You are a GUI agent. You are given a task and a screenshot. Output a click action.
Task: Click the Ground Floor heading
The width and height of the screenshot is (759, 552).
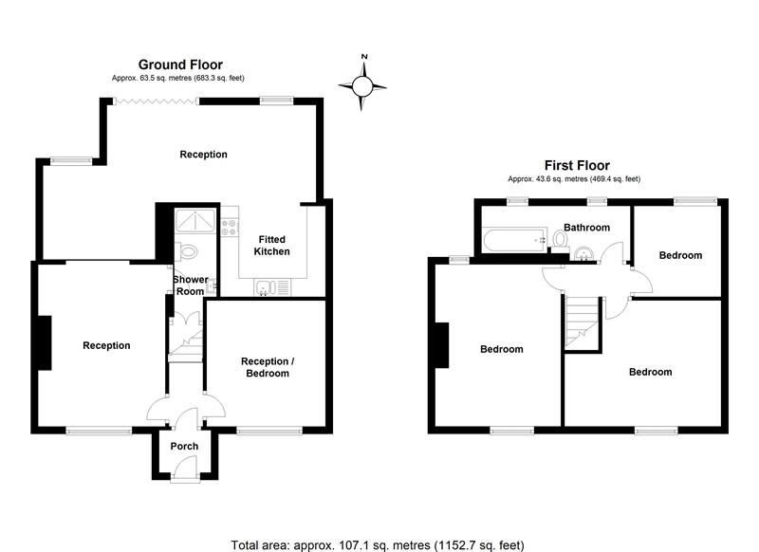pyautogui.click(x=180, y=64)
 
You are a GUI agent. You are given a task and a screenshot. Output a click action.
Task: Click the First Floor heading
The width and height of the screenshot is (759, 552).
pyautogui.click(x=576, y=165)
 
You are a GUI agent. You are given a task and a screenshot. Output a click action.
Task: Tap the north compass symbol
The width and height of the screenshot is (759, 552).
pyautogui.click(x=364, y=86)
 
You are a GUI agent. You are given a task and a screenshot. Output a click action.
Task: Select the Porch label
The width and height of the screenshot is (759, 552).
pyautogui.click(x=184, y=447)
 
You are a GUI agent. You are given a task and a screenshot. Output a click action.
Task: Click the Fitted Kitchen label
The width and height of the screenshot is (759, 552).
pyautogui.click(x=272, y=245)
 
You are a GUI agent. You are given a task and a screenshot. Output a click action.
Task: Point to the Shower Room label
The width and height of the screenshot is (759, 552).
pyautogui.click(x=190, y=285)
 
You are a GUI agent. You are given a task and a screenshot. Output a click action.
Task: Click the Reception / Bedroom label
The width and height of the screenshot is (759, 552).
pyautogui.click(x=265, y=367)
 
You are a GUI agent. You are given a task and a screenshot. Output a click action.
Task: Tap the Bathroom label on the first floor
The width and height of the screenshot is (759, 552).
pyautogui.click(x=587, y=228)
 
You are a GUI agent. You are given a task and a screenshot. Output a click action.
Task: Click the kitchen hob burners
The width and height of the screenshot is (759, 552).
pyautogui.click(x=228, y=229)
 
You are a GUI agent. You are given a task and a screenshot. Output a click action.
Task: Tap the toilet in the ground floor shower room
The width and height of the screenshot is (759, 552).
pyautogui.click(x=187, y=251)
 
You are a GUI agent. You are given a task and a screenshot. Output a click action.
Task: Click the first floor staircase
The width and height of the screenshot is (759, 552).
pyautogui.click(x=580, y=322)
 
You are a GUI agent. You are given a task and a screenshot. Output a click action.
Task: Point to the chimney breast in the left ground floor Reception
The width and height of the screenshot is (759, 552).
pyautogui.click(x=44, y=343)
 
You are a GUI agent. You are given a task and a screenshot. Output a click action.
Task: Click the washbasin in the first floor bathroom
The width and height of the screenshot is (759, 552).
pyautogui.click(x=583, y=252)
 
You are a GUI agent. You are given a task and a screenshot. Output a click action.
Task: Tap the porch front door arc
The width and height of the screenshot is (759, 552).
pyautogui.click(x=186, y=468)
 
